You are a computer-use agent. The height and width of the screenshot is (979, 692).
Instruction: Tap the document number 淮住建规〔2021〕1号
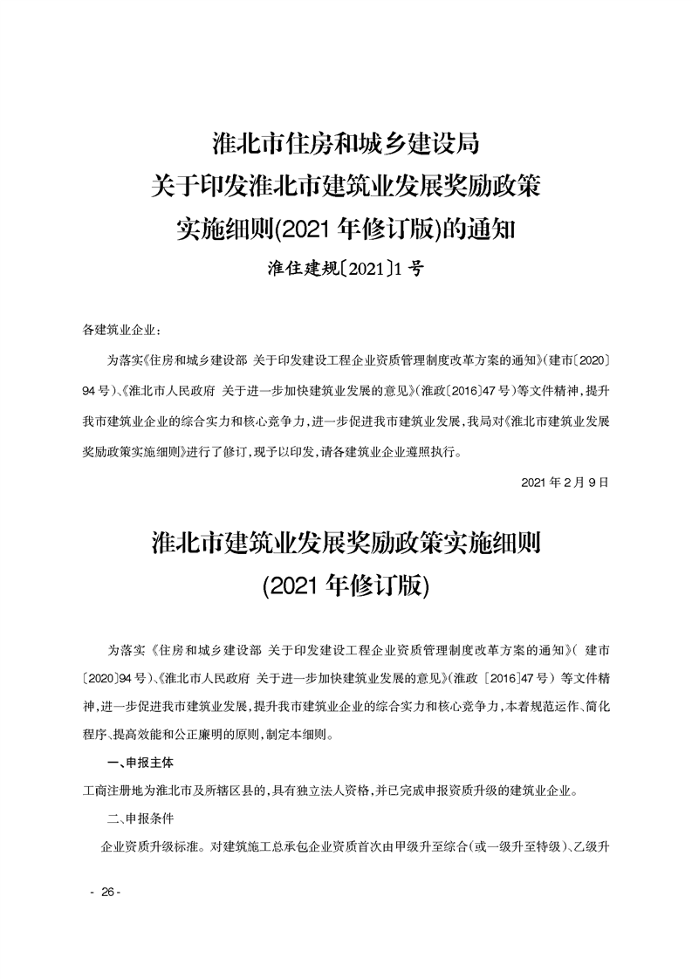pos(346,270)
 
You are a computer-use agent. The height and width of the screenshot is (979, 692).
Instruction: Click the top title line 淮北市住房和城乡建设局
pos(346,141)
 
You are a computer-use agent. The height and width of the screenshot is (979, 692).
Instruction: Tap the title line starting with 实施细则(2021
pos(346,229)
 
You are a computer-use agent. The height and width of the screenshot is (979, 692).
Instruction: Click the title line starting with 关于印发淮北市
pos(346,186)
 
